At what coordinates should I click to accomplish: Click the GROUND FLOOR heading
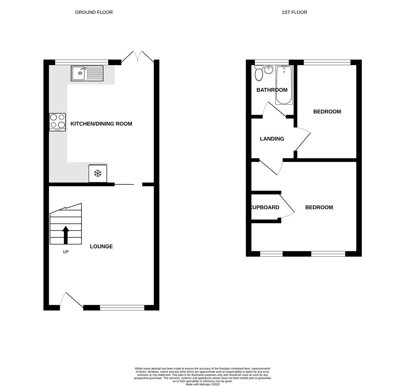pyautogui.click(x=94, y=12)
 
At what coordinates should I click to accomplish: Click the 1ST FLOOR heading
pyautogui.click(x=294, y=12)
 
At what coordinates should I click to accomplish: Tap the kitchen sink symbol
pyautogui.click(x=87, y=73)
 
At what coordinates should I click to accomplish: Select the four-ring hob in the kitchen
pyautogui.click(x=57, y=122)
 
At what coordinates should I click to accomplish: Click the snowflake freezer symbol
pyautogui.click(x=98, y=174)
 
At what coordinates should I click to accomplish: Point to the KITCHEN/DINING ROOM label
pyautogui.click(x=101, y=124)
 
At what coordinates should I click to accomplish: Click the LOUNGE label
pyautogui.click(x=101, y=246)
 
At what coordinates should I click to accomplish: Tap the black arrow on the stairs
pyautogui.click(x=65, y=235)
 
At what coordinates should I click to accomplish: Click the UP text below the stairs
pyautogui.click(x=66, y=252)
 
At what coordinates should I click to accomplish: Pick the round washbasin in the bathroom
pyautogui.click(x=268, y=69)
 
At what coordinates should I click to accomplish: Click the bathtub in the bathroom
pyautogui.click(x=284, y=85)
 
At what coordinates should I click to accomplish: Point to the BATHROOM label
pyautogui.click(x=272, y=90)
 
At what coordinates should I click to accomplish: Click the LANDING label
pyautogui.click(x=272, y=139)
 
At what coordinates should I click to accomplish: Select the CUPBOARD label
pyautogui.click(x=265, y=207)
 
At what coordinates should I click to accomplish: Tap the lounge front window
pyautogui.click(x=122, y=308)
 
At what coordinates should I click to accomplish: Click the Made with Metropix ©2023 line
pyautogui.click(x=202, y=384)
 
